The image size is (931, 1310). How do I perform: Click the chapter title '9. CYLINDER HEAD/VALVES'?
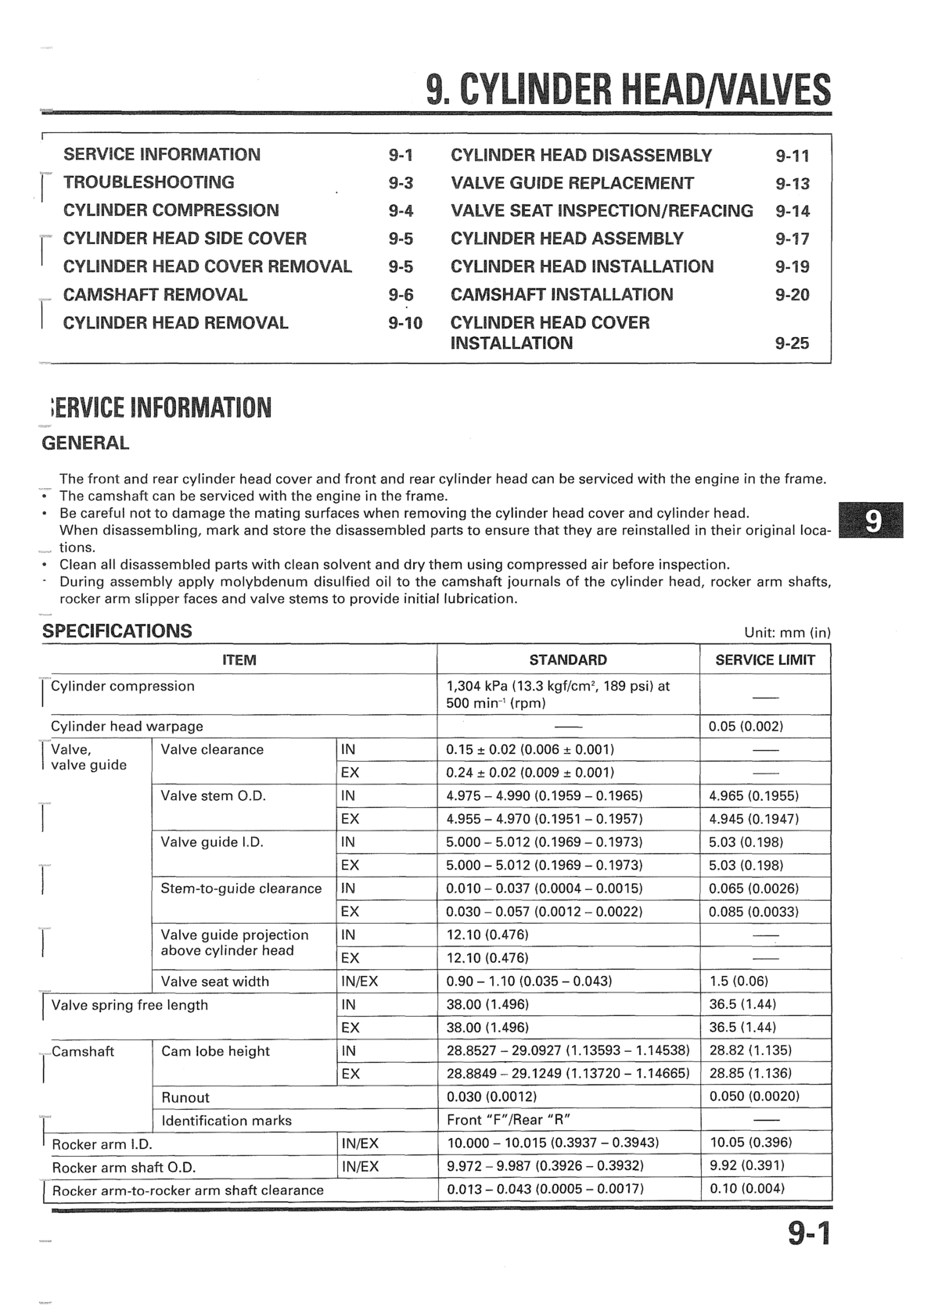[628, 90]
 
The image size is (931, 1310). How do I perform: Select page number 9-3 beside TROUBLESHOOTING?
[401, 183]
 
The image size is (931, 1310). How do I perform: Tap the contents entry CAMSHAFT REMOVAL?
[155, 295]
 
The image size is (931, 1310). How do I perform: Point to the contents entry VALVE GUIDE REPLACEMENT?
[572, 183]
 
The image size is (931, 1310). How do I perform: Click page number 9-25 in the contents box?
[792, 343]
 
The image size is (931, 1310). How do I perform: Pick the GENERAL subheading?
[84, 443]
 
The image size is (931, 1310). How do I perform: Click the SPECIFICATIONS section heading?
[117, 631]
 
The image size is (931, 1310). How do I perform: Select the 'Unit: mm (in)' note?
[788, 633]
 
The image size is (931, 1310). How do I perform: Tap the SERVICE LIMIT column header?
[764, 660]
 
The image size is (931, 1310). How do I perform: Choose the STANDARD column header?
[567, 660]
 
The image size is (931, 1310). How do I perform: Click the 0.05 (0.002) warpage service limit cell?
[746, 727]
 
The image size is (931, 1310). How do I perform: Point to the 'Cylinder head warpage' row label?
[127, 727]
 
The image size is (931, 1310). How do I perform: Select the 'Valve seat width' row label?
[214, 982]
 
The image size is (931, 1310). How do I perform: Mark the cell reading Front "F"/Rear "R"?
[506, 1121]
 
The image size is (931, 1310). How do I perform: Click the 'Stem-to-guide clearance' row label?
[241, 888]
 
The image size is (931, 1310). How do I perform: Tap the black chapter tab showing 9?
[871, 520]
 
